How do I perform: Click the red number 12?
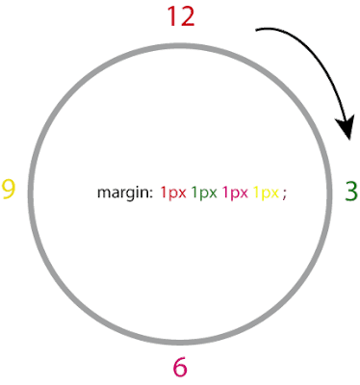(x=181, y=16)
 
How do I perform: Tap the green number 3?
(x=351, y=192)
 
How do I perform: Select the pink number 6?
(x=180, y=367)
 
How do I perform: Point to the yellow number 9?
(x=9, y=189)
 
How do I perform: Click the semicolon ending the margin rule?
(x=284, y=194)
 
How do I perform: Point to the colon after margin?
(x=150, y=193)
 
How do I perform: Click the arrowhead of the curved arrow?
(x=346, y=127)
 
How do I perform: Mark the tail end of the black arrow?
(x=256, y=30)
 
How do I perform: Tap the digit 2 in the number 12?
(x=187, y=16)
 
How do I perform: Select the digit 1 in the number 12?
(x=171, y=16)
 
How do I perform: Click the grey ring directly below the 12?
(x=180, y=46)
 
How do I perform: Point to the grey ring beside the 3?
(x=329, y=193)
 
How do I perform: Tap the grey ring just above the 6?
(x=180, y=343)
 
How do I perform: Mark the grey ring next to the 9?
(x=31, y=193)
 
